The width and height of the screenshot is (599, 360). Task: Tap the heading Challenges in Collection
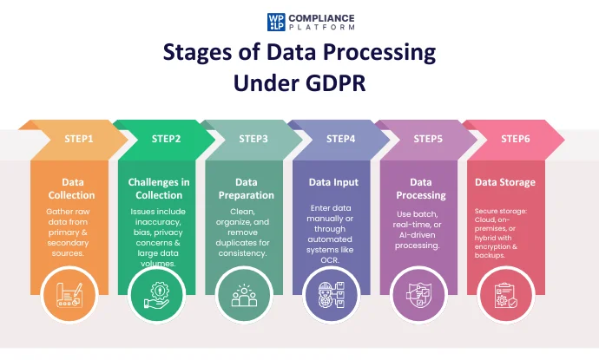tap(159, 189)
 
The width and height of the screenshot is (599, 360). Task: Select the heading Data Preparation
tap(247, 189)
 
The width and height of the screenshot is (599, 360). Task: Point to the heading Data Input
tap(333, 183)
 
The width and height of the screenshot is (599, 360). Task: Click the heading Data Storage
tap(505, 183)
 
